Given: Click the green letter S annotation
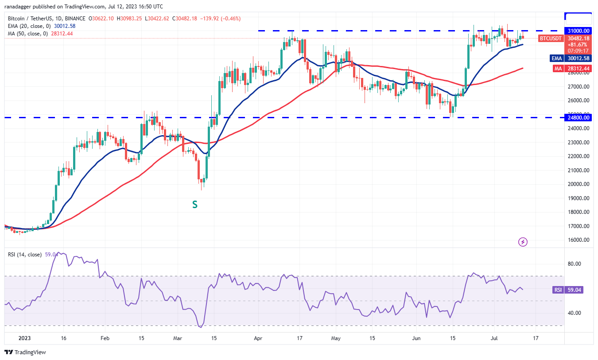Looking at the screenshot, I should [194, 204].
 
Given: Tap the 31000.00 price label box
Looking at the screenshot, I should [579, 31].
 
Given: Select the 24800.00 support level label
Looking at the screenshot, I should [579, 117].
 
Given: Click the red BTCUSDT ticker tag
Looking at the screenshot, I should [551, 39].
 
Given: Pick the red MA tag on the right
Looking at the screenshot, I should [557, 69].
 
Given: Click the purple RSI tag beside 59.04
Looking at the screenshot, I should [558, 290].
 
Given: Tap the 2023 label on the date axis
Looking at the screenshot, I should [25, 337].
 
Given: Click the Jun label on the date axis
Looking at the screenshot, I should [416, 337].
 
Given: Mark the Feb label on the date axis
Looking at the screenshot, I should [105, 337].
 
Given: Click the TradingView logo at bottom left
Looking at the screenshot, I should [25, 352].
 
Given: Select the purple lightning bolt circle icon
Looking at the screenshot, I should [523, 242].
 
